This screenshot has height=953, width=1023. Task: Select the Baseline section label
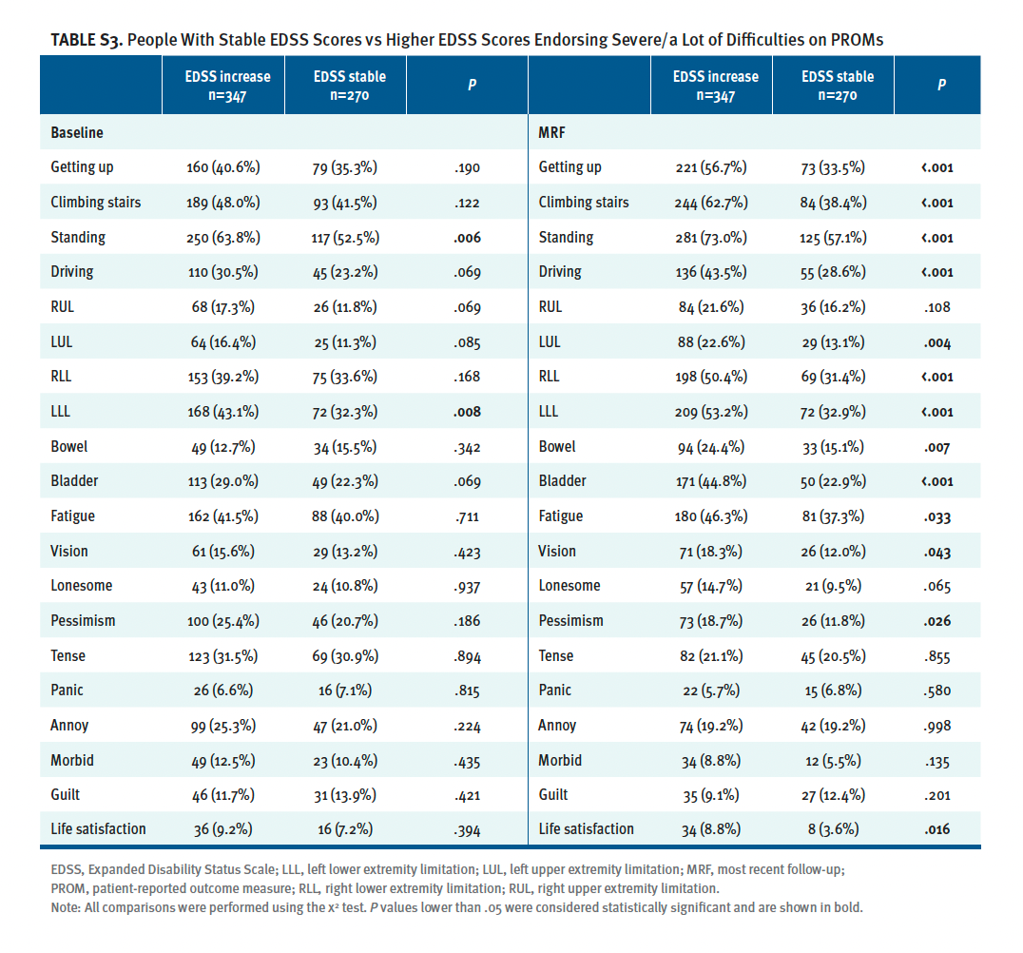[77, 133]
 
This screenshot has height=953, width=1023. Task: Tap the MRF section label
[552, 133]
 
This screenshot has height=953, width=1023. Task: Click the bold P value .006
[467, 238]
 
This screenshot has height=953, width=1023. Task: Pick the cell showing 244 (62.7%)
[712, 203]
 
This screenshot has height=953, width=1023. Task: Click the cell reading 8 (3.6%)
[833, 829]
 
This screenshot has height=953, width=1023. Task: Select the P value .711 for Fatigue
[467, 516]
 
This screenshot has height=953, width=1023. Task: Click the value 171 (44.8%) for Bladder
[712, 481]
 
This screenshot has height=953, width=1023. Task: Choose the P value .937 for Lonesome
[467, 586]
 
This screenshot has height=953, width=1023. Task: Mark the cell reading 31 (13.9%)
[345, 795]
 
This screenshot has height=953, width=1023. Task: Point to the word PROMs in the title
[852, 40]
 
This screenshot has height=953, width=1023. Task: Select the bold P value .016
[938, 829]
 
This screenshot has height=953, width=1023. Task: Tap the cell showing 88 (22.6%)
[712, 341]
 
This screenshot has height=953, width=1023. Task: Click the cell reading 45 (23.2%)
[345, 272]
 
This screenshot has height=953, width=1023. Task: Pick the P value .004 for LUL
[938, 341]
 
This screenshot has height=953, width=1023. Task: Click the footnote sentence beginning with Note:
[456, 907]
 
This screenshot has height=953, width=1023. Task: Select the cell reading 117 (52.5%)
[345, 237]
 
